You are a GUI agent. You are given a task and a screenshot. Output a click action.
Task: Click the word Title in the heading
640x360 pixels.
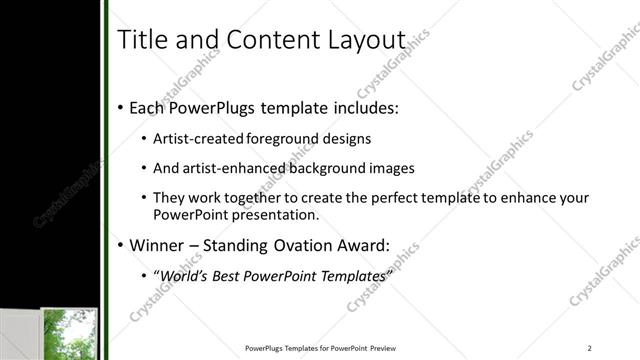[x=142, y=40]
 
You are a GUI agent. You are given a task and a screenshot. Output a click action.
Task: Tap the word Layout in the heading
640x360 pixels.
[x=365, y=40]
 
